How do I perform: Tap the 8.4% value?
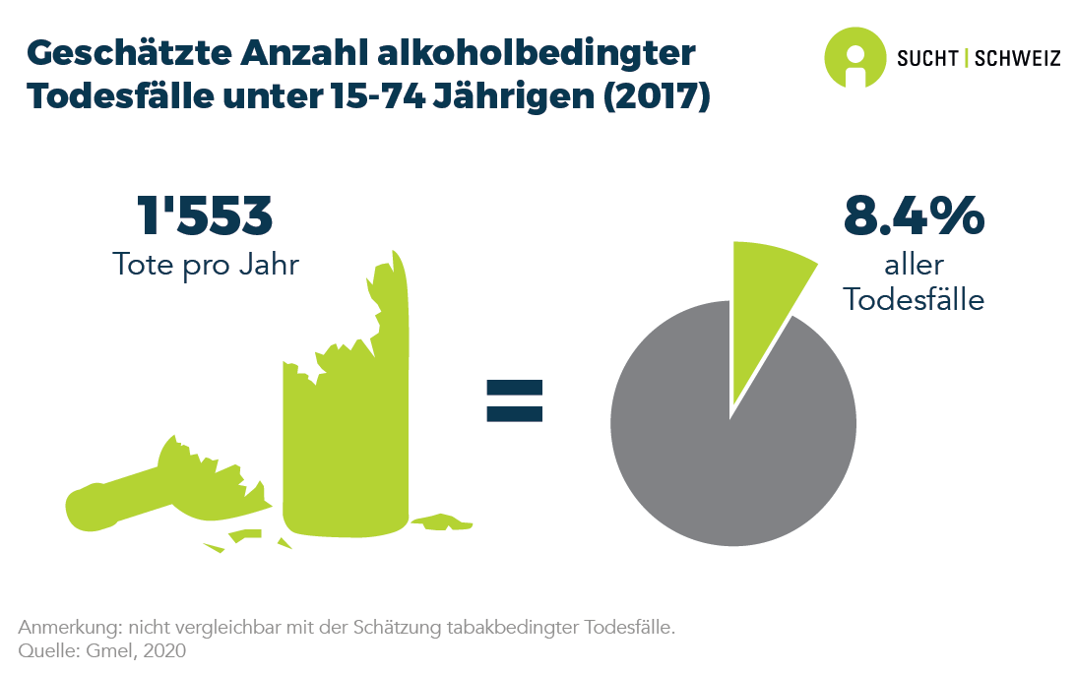click(914, 216)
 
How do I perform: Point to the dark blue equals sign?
click(514, 399)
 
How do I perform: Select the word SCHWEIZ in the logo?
click(1017, 58)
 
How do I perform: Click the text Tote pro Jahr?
click(205, 266)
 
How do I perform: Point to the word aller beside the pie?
click(914, 266)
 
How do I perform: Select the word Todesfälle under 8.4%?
click(915, 300)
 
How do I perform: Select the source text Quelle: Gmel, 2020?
click(102, 650)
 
